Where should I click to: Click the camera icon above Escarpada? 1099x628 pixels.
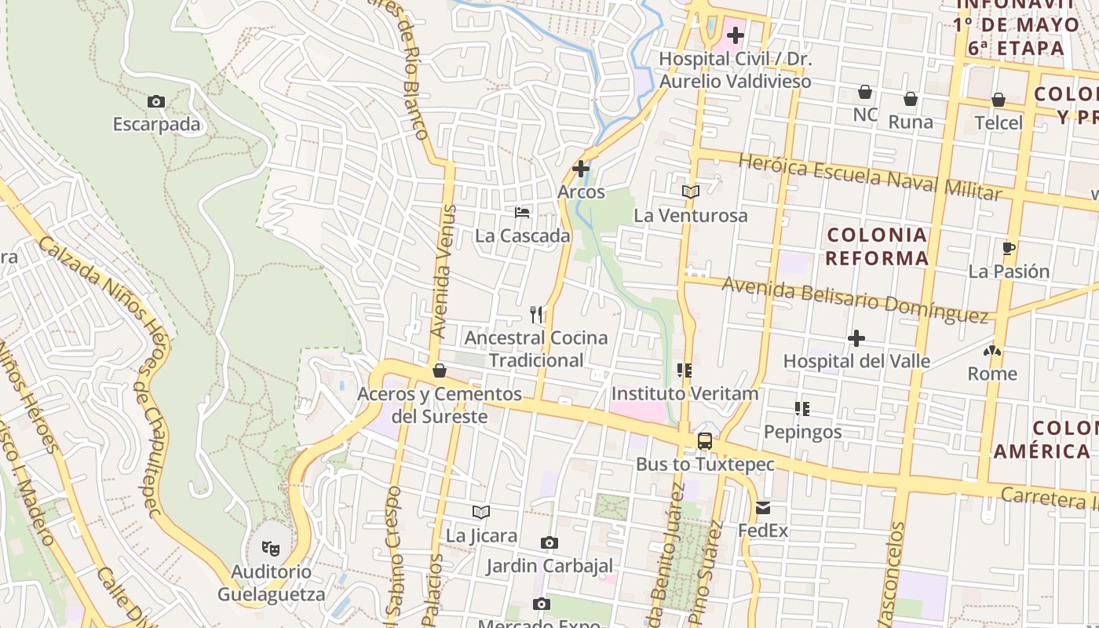coord(156,102)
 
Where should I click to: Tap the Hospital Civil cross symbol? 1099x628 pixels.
coord(736,35)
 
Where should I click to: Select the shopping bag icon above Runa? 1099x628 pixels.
coord(911,99)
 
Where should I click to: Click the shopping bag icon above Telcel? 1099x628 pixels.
coord(999,100)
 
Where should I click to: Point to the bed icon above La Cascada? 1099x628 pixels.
coord(522,212)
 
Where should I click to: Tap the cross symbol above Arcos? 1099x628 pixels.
coord(581,169)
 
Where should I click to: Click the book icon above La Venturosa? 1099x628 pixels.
coord(691,192)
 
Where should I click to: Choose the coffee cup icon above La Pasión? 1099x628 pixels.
coord(1009,249)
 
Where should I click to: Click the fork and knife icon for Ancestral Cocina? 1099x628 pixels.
coord(537,315)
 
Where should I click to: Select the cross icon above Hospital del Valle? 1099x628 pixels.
coord(856,338)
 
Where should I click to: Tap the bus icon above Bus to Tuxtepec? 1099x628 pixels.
coord(705,441)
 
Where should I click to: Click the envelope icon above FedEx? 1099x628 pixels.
coord(763,508)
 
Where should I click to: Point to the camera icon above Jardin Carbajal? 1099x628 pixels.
coord(549,542)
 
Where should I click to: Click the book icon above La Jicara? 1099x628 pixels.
coord(481,513)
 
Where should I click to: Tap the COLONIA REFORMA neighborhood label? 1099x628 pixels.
coord(878,246)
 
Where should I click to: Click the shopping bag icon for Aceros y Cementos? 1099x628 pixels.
coord(440,371)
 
